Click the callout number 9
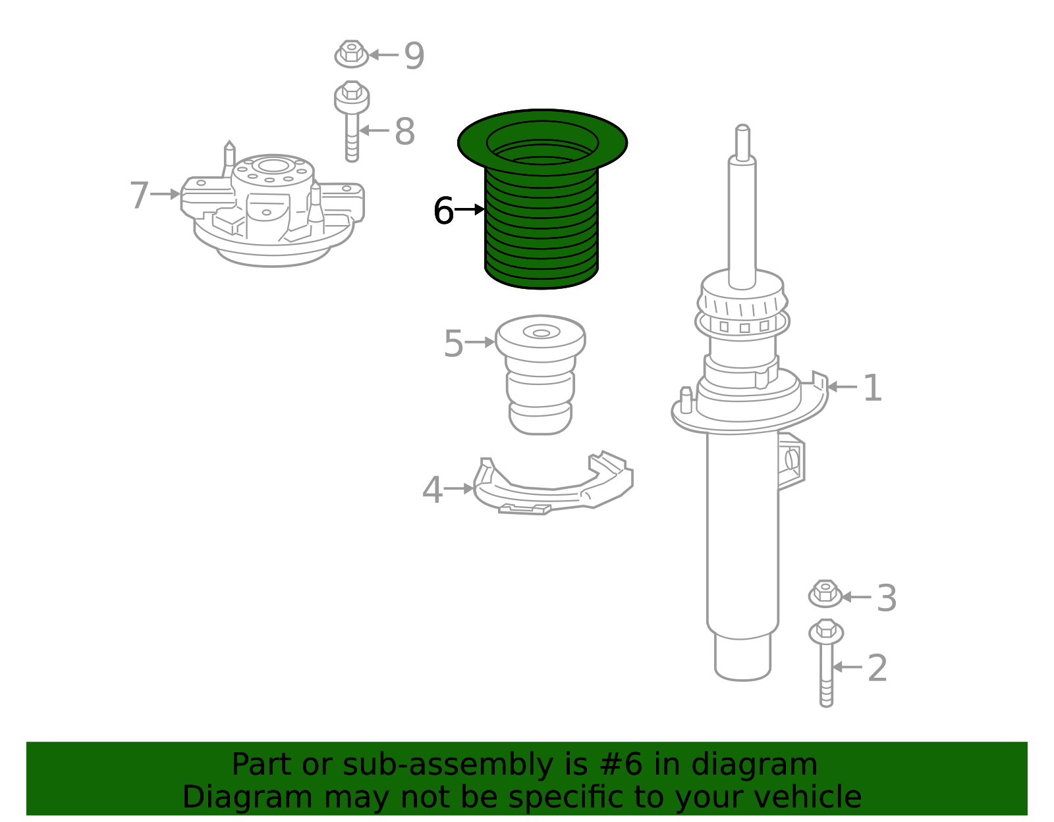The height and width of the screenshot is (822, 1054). point(414,56)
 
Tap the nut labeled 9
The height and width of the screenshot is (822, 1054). point(352,54)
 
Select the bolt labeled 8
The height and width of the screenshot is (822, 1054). point(352,121)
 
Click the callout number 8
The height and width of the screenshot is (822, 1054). point(405,131)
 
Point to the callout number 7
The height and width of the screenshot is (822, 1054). point(139,195)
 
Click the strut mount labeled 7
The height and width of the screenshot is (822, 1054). point(273,208)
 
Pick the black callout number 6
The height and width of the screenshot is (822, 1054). point(443,211)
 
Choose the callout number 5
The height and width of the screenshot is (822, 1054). point(453,344)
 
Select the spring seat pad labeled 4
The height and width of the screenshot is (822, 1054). point(553,484)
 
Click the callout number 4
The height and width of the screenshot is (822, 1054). point(432,490)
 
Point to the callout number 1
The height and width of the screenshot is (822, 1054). point(873,388)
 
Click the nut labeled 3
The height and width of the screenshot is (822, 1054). point(825,594)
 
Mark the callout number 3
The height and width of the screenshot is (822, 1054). point(887,598)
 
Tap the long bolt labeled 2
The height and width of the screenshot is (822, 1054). point(826,663)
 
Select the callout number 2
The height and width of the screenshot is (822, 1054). point(877,669)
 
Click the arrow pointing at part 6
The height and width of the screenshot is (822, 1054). point(470,210)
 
